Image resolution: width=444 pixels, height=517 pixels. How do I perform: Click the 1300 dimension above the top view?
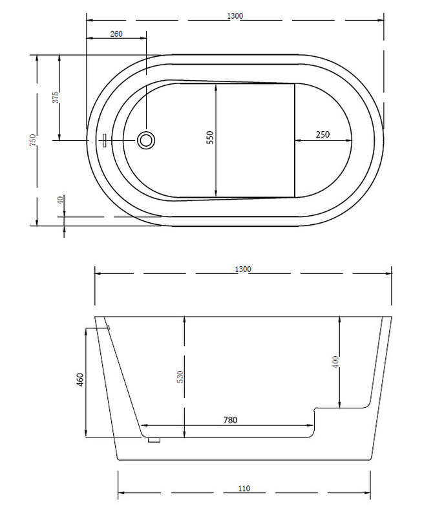pos(235,16)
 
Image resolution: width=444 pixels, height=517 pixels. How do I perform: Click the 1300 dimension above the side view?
pos(243,269)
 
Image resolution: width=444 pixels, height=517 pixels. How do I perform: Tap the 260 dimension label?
pos(116,34)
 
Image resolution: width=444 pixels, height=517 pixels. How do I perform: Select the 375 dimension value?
pos(56,98)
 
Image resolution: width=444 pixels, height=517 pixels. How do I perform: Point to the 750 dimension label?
pos(32,140)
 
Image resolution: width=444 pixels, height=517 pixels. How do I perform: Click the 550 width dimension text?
pos(210,138)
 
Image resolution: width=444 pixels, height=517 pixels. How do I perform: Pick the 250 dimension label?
pos(322,134)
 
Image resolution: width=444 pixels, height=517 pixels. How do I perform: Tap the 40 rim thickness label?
pos(60,200)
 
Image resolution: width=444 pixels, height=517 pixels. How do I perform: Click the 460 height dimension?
pos(79,380)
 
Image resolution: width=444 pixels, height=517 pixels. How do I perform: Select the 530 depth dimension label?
pos(180,377)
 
